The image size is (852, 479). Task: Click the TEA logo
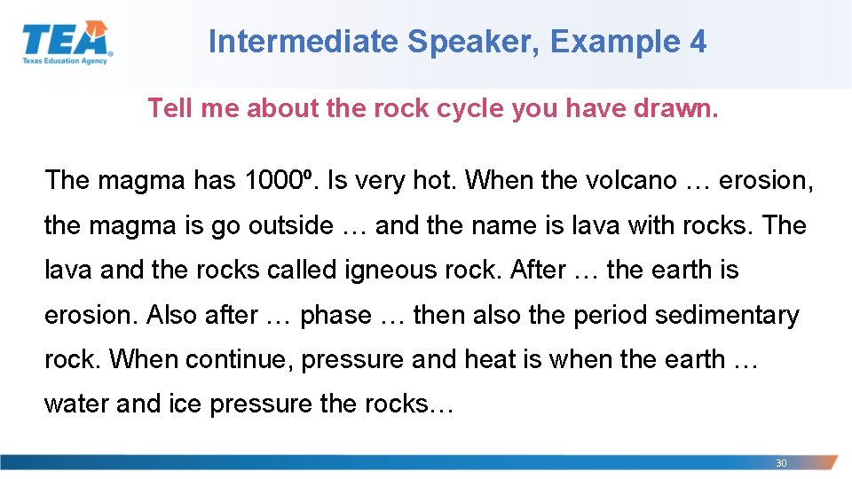(x=67, y=42)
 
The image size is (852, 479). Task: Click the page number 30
(x=781, y=463)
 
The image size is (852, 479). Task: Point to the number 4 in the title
(x=697, y=42)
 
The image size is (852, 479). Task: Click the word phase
(x=335, y=315)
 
